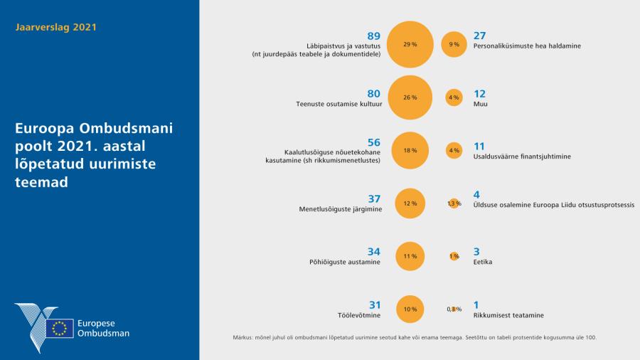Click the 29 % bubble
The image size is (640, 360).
pyautogui.click(x=410, y=44)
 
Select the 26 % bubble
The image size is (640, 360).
pyautogui.click(x=410, y=97)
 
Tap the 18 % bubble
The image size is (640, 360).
pyautogui.click(x=410, y=150)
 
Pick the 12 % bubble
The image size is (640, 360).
pyautogui.click(x=410, y=203)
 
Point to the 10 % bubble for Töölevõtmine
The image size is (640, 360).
pyautogui.click(x=410, y=309)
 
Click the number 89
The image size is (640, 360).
pyautogui.click(x=374, y=36)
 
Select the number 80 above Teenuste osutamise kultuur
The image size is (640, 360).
pyautogui.click(x=374, y=93)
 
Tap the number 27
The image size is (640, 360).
pyautogui.click(x=479, y=36)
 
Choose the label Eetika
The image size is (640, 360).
pyautogui.click(x=483, y=262)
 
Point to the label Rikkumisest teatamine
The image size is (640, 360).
pyautogui.click(x=504, y=315)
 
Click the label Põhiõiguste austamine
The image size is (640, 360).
pyautogui.click(x=349, y=262)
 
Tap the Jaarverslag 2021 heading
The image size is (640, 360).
pyautogui.click(x=55, y=28)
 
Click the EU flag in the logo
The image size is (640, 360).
pyautogui.click(x=60, y=328)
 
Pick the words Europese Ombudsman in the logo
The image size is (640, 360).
pyautogui.click(x=104, y=328)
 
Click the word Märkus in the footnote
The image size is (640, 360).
pyautogui.click(x=243, y=337)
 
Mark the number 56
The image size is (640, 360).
pyautogui.click(x=374, y=142)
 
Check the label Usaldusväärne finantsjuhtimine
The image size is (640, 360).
pyautogui.click(x=523, y=156)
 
